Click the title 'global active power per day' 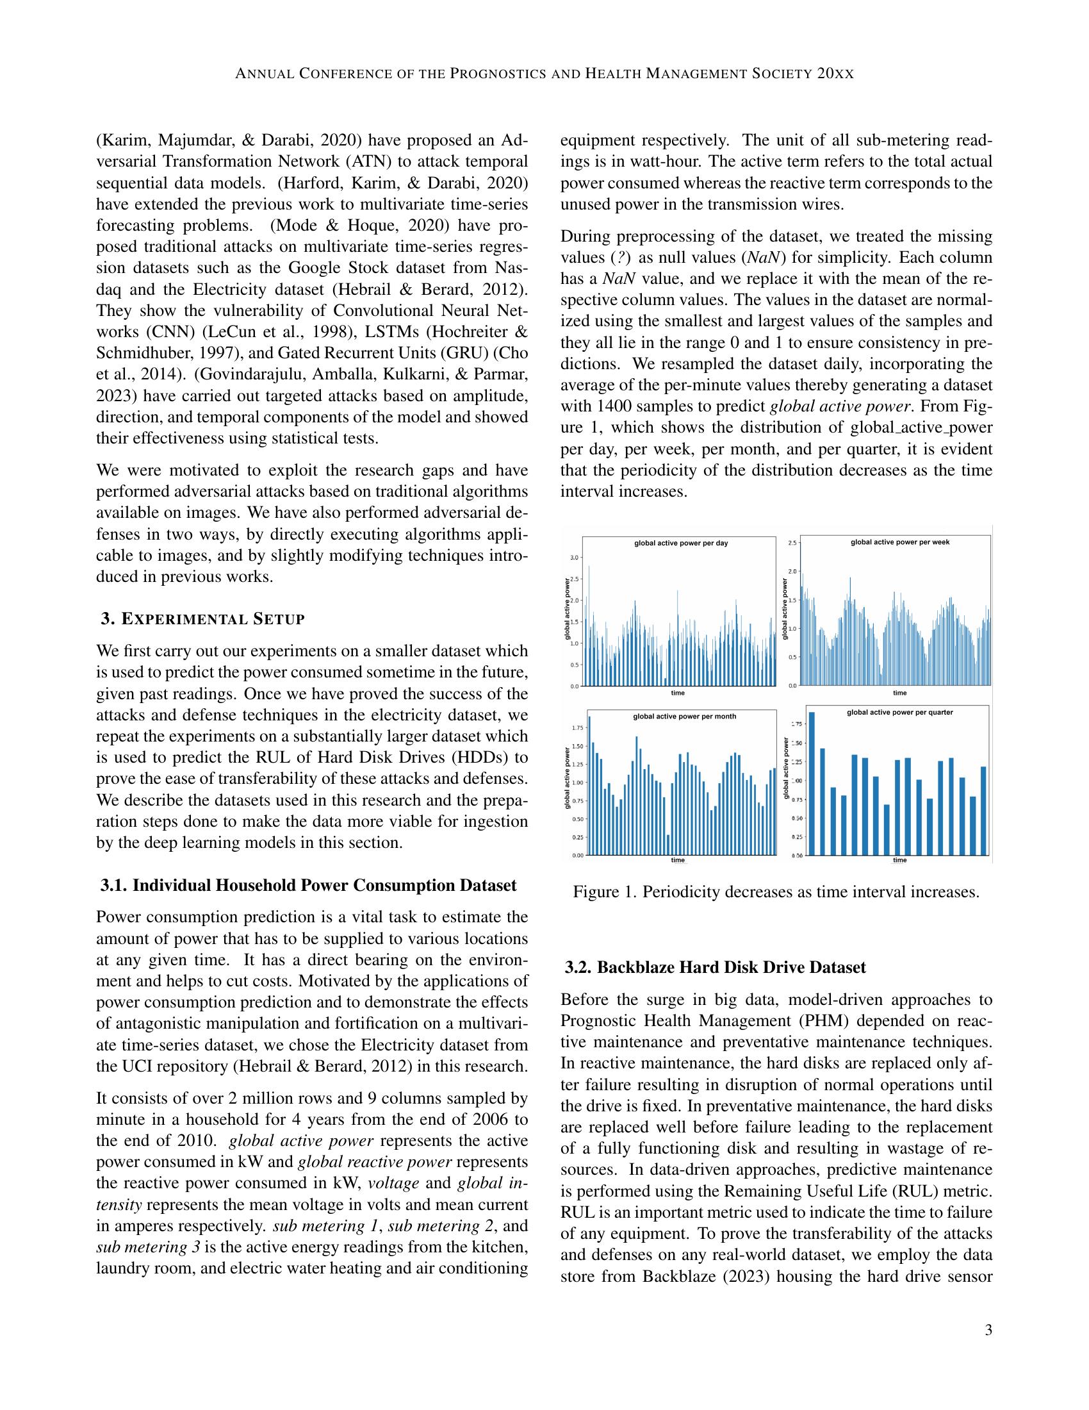[680, 543]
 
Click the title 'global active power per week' [899, 542]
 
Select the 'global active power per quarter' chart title [899, 712]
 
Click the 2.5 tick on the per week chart [792, 543]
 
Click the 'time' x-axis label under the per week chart [899, 693]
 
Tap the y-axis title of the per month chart [568, 778]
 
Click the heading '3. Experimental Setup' [202, 619]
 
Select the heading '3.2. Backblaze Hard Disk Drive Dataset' [715, 967]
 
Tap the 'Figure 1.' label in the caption [596, 892]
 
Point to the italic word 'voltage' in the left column [393, 1182]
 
